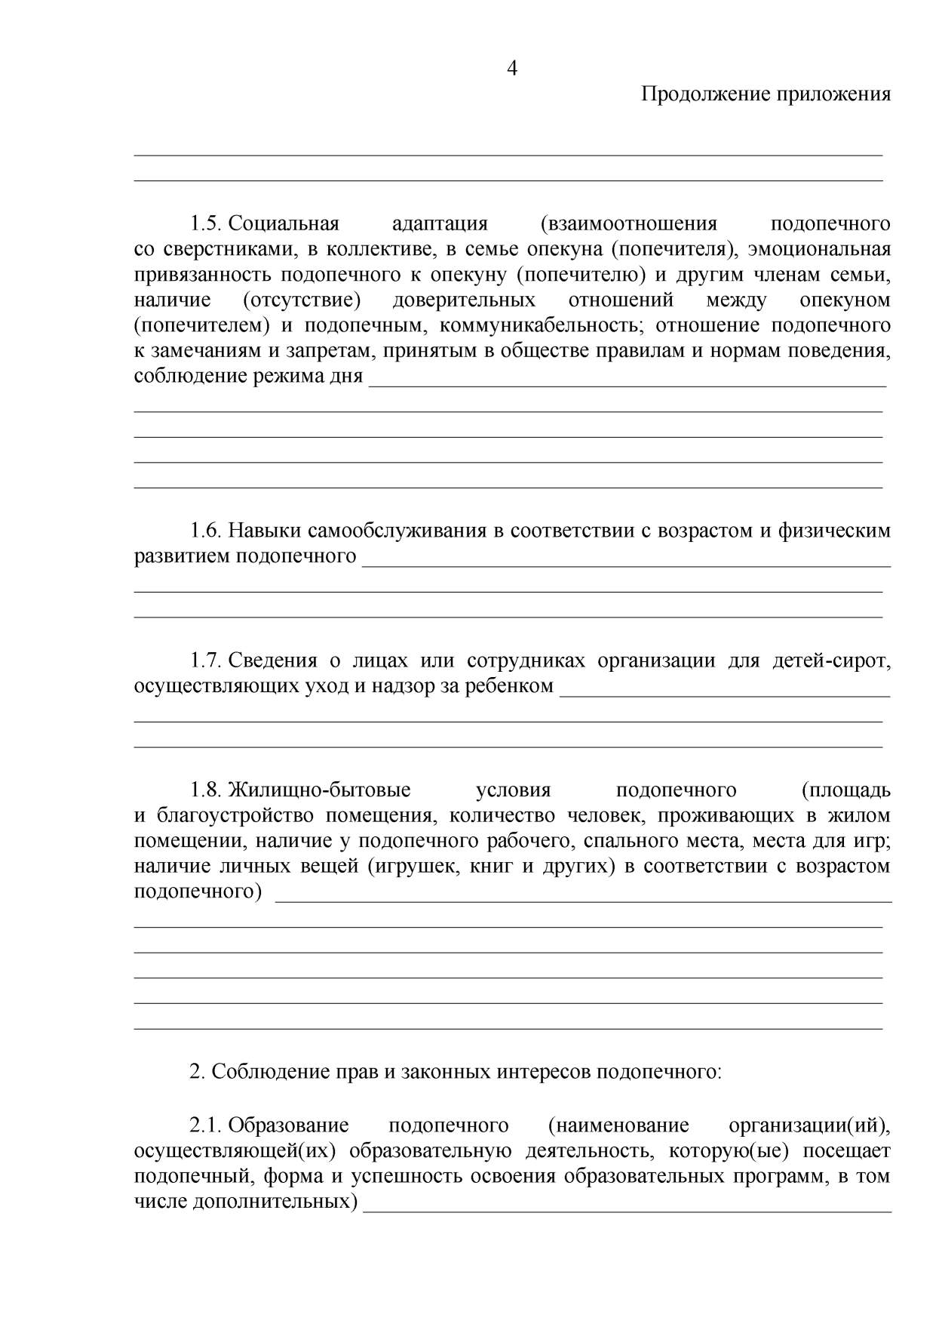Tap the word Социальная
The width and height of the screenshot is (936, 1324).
click(x=284, y=224)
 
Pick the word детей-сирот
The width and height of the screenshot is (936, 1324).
click(x=831, y=661)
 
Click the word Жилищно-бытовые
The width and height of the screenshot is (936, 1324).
click(x=319, y=790)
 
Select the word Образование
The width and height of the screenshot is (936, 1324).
click(x=288, y=1125)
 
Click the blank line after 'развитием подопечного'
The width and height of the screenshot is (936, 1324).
click(x=626, y=563)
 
